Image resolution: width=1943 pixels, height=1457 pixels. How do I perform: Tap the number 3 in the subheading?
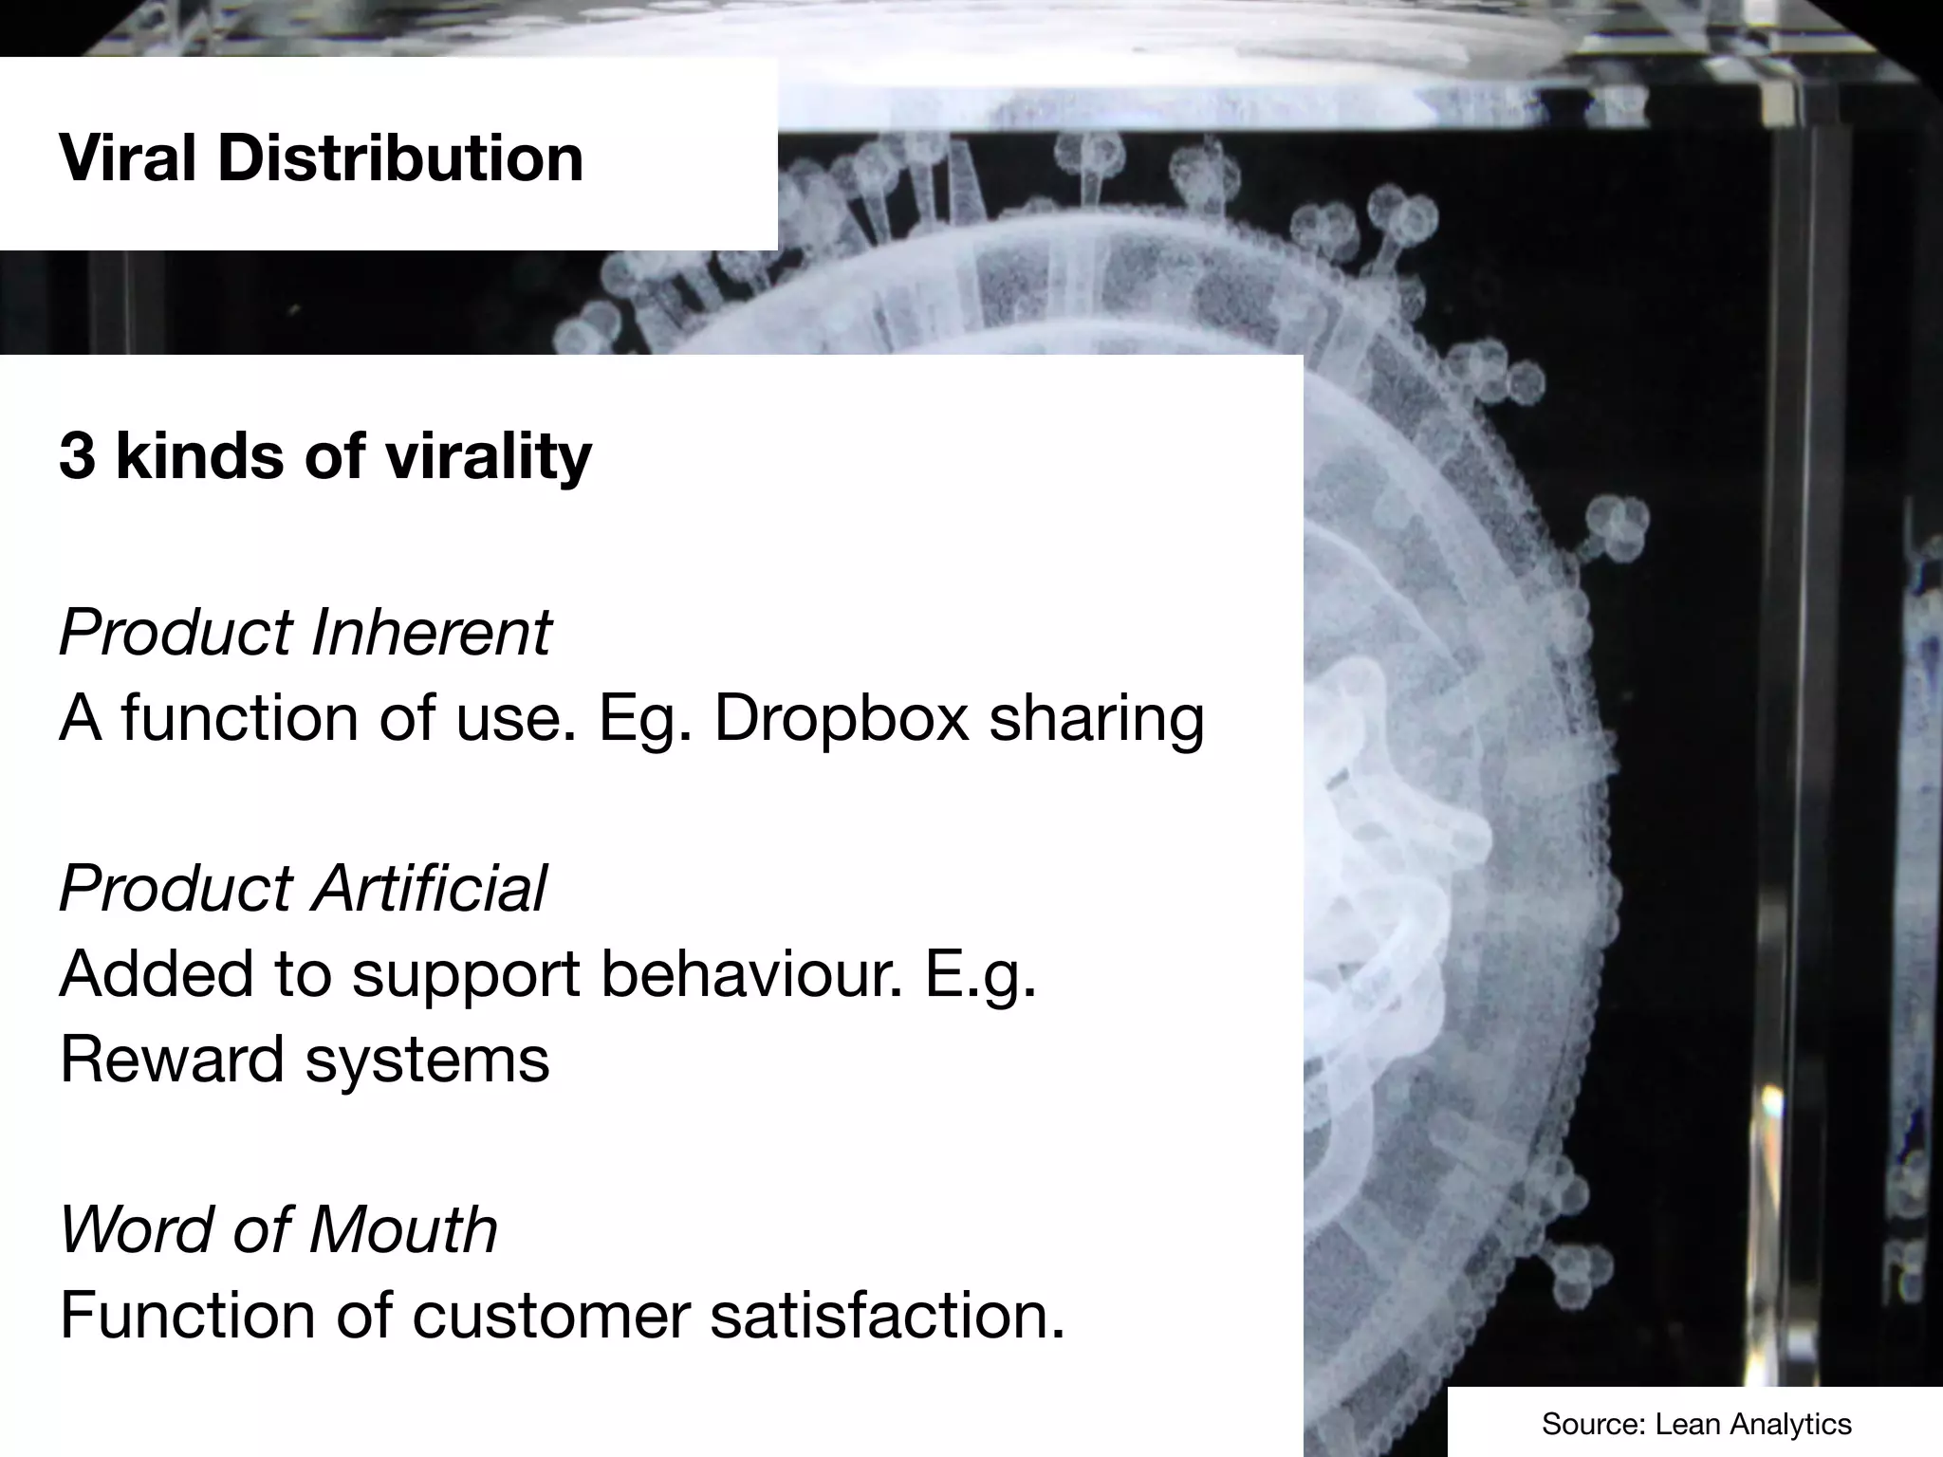point(77,456)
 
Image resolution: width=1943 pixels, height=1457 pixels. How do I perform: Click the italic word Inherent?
point(431,632)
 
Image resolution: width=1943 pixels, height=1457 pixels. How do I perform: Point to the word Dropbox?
point(842,718)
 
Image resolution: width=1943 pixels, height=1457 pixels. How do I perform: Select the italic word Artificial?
point(430,889)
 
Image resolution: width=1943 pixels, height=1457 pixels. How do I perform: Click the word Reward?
point(172,1060)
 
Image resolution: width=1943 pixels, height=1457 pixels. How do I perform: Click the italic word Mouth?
point(402,1230)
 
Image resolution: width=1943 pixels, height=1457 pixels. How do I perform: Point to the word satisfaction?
point(887,1317)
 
